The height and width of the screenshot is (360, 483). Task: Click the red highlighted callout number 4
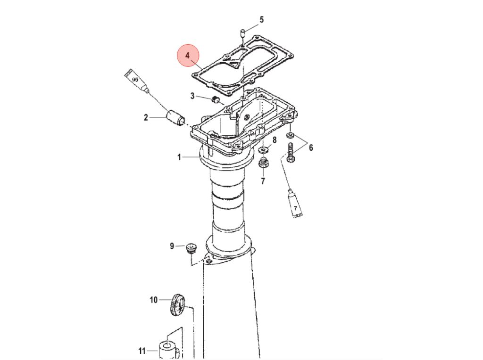pos(188,56)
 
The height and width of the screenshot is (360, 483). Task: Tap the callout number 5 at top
pos(261,20)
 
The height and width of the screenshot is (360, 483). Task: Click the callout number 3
pos(192,96)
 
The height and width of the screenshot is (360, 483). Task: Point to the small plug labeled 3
pos(215,99)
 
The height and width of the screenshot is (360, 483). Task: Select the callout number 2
pos(146,117)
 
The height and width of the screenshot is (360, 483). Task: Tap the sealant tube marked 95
pos(137,81)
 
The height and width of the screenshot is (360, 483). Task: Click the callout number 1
pos(179,157)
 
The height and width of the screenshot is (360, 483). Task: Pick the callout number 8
pos(275,140)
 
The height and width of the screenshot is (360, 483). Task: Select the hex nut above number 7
pos(263,162)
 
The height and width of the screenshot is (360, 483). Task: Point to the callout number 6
pos(311,147)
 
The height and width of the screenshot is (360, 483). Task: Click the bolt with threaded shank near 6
pos(291,153)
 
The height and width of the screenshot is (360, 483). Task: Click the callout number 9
pos(172,246)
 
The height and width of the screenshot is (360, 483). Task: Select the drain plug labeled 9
pos(192,248)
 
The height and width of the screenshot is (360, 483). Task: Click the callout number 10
pos(153,300)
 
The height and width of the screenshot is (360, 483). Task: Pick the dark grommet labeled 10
pos(177,304)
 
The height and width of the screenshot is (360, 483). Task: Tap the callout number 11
pos(142,351)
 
